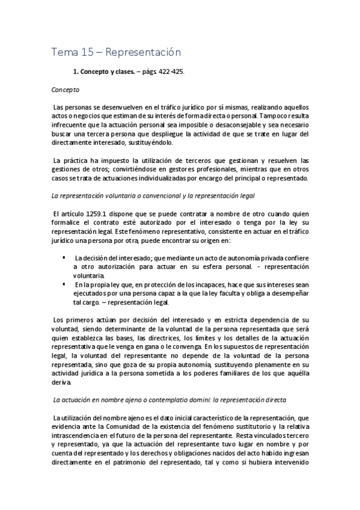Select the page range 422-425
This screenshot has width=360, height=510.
tap(171, 72)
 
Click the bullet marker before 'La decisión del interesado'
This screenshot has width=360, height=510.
tap(64, 257)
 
